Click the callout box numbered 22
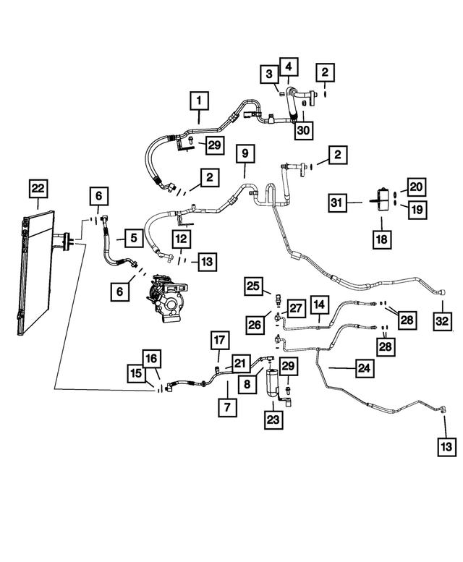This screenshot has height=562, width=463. click(x=38, y=189)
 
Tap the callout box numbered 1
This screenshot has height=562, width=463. click(x=199, y=101)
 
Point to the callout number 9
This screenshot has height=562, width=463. click(x=245, y=154)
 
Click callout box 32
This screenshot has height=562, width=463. click(x=442, y=320)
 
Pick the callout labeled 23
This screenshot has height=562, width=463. click(x=273, y=420)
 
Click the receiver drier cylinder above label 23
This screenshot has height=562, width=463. click(x=273, y=382)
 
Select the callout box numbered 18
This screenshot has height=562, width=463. click(x=382, y=239)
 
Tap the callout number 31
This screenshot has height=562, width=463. click(x=337, y=203)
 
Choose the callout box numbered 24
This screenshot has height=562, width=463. click(x=365, y=368)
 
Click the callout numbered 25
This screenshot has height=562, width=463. click(x=253, y=286)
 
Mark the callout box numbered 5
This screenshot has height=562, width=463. click(x=134, y=238)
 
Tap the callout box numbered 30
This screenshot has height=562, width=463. click(x=303, y=129)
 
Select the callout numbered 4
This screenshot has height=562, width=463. click(x=289, y=67)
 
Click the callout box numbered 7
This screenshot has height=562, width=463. click(x=227, y=407)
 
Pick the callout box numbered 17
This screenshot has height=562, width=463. click(x=220, y=340)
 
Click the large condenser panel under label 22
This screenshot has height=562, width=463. click(x=35, y=273)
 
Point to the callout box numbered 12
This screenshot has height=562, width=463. click(x=182, y=239)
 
